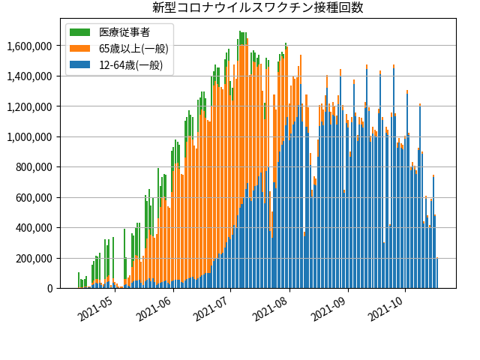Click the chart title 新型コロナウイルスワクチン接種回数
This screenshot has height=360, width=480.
point(257,7)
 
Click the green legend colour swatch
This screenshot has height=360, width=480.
point(80,32)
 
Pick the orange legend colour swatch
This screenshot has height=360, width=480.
point(80,49)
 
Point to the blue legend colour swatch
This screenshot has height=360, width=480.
point(80,65)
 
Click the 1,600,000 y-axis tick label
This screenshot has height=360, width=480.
point(31,46)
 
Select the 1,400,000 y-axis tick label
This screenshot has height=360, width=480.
point(31,76)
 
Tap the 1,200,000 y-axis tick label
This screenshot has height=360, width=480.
point(31,107)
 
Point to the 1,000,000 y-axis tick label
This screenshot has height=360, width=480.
point(31,137)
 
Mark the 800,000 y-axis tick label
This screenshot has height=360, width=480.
point(35,167)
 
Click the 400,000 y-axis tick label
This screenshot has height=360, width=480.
point(35,228)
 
